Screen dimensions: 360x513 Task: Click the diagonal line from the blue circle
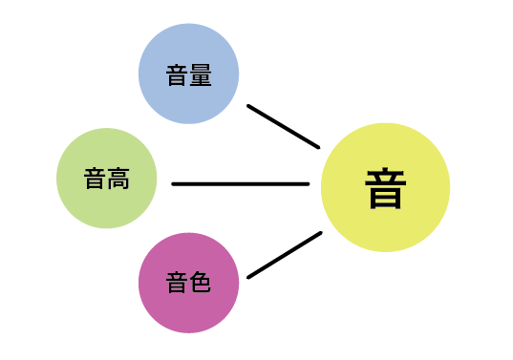coord(283,126)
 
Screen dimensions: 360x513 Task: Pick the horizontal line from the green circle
coord(241,183)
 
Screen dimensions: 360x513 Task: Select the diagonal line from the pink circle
coord(284,255)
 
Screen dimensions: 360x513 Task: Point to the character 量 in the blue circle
coord(200,75)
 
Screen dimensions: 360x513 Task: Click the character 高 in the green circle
coord(118,179)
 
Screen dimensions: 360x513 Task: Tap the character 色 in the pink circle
coord(200,283)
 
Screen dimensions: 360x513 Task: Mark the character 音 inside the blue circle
coord(177,75)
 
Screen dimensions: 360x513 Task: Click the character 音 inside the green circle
coord(95,179)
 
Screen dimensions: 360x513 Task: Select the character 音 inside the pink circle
coord(177,283)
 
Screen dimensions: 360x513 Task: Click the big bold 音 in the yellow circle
coord(385,188)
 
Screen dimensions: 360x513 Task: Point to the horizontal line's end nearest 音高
coord(174,183)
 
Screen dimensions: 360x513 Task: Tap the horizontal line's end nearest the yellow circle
coord(308,183)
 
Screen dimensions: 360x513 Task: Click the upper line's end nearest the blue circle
coord(249,106)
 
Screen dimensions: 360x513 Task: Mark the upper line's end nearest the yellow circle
coord(317,146)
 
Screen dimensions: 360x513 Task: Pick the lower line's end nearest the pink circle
coord(249,277)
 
